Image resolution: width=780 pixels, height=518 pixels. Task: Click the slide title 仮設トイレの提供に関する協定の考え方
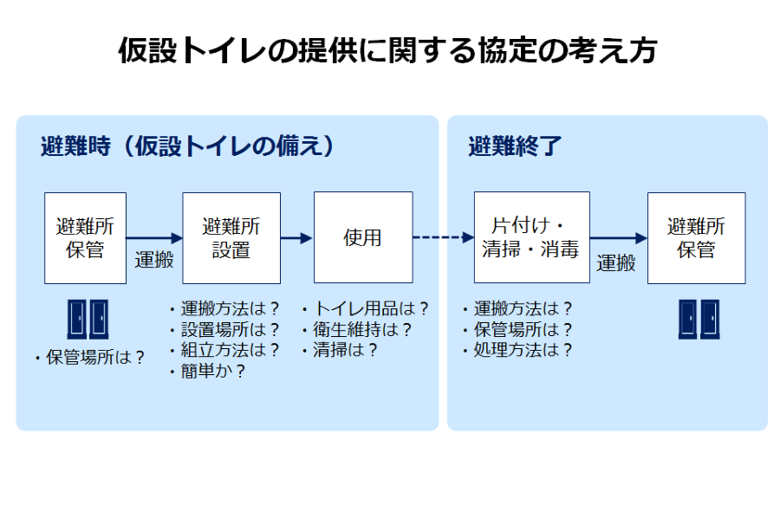pyautogui.click(x=387, y=50)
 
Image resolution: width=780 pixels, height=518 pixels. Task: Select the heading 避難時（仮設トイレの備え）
pyautogui.click(x=188, y=146)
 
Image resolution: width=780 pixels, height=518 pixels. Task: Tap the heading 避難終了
pyautogui.click(x=515, y=146)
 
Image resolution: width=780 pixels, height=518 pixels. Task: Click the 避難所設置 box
pyautogui.click(x=231, y=238)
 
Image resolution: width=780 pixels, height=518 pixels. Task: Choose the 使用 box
pyautogui.click(x=363, y=237)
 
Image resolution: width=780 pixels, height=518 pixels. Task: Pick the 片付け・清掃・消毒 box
pyautogui.click(x=532, y=237)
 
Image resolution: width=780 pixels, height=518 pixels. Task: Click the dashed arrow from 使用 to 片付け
pyautogui.click(x=444, y=237)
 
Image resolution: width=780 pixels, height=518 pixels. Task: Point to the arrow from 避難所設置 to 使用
pyautogui.click(x=297, y=238)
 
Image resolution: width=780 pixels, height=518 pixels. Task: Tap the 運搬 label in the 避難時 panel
pyautogui.click(x=154, y=260)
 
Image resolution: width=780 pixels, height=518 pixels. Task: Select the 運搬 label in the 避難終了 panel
pyautogui.click(x=616, y=263)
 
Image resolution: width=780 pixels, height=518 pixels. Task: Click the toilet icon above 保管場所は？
pyautogui.click(x=88, y=319)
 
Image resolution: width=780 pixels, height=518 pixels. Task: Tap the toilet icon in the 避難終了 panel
pyautogui.click(x=699, y=319)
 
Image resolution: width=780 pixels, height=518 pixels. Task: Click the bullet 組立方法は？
pyautogui.click(x=224, y=350)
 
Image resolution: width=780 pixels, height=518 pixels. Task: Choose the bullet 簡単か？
pyautogui.click(x=207, y=371)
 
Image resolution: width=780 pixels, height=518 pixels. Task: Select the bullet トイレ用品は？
pyautogui.click(x=365, y=308)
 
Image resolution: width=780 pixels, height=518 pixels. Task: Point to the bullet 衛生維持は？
pyautogui.click(x=357, y=329)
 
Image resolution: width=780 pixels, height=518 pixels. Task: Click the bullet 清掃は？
pyautogui.click(x=340, y=350)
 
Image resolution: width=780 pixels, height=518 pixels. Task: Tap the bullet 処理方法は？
pyautogui.click(x=517, y=350)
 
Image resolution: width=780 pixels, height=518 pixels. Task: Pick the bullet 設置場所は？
pyautogui.click(x=224, y=329)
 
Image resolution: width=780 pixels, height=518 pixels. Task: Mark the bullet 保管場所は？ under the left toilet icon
pyautogui.click(x=90, y=357)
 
